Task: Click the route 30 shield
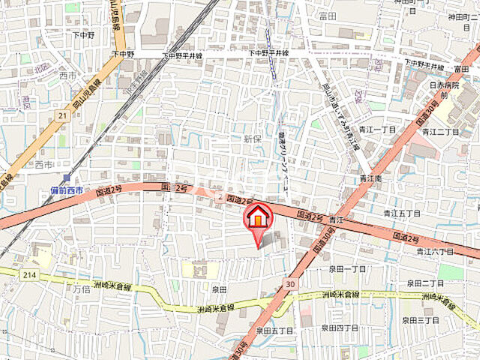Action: pyautogui.click(x=291, y=284)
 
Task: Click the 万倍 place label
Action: pyautogui.click(x=80, y=288)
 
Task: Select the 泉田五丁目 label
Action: pyautogui.click(x=272, y=330)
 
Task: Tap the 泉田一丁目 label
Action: pyautogui.click(x=347, y=268)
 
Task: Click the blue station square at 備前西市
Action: pyautogui.click(x=66, y=178)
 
